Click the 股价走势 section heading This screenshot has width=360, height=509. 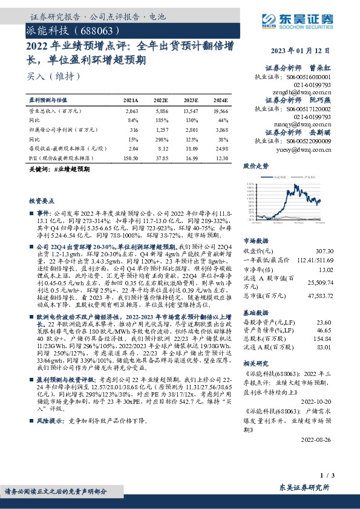coord(256,166)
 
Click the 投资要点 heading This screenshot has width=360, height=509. coord(42,199)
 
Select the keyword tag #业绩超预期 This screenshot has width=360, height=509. coord(71,170)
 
